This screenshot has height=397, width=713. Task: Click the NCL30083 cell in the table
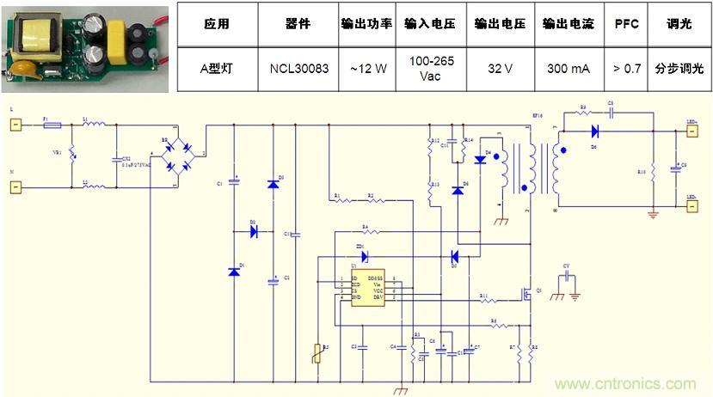299,68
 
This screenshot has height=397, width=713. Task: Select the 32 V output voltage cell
500,68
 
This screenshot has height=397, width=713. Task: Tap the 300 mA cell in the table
569,68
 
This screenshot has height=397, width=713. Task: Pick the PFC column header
627,24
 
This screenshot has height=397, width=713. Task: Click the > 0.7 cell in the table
627,68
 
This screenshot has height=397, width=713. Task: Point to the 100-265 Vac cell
434,68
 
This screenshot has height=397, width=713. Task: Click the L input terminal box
15,125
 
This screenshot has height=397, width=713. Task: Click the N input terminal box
15,185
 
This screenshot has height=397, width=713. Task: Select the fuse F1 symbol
51,125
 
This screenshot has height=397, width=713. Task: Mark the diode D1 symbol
233,272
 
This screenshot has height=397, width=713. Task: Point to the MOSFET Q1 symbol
530,295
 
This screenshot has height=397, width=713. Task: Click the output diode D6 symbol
593,131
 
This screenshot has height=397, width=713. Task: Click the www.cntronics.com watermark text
627,384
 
